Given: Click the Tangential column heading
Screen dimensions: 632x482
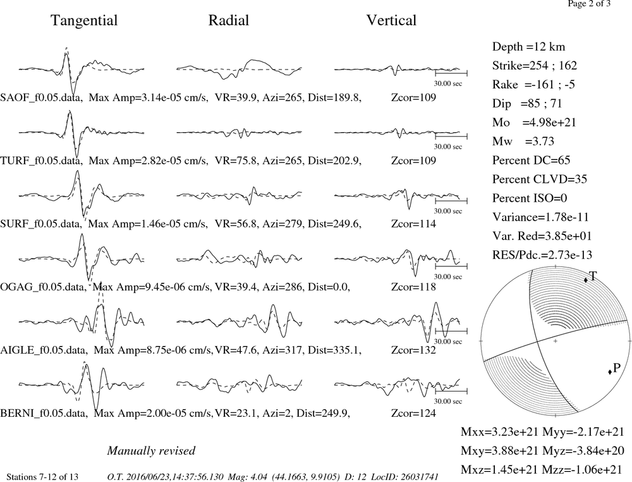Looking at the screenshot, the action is (x=84, y=21).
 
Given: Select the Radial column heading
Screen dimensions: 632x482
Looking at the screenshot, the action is (x=229, y=21).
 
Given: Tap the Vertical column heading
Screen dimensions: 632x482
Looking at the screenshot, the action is (x=391, y=21).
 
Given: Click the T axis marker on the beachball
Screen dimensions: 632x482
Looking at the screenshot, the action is (x=586, y=280).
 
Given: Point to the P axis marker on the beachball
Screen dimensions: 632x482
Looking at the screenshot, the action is (x=610, y=371).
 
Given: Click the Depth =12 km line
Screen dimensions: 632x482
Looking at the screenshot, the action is (x=528, y=47).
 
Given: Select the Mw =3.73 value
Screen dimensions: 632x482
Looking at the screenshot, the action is (x=523, y=142).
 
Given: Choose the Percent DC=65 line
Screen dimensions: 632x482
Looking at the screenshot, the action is (x=532, y=161).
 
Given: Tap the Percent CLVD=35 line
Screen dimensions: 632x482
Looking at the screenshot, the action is (x=540, y=180).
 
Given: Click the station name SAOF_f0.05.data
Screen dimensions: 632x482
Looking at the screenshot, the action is (x=42, y=97).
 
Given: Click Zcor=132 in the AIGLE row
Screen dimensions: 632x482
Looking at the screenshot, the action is (x=413, y=350).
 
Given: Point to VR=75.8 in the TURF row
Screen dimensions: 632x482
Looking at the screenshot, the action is (x=236, y=161).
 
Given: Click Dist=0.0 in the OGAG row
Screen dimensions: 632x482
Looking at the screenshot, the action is (x=329, y=287).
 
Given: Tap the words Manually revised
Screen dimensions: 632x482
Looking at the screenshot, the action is (x=151, y=450).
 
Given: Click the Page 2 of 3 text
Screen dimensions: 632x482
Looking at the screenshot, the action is (x=589, y=4).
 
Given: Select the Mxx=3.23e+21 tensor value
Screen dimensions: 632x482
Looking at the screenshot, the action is (x=500, y=432).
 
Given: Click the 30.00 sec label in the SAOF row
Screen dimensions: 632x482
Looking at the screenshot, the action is (x=448, y=84).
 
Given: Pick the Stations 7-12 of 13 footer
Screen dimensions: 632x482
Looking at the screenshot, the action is (x=43, y=477).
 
